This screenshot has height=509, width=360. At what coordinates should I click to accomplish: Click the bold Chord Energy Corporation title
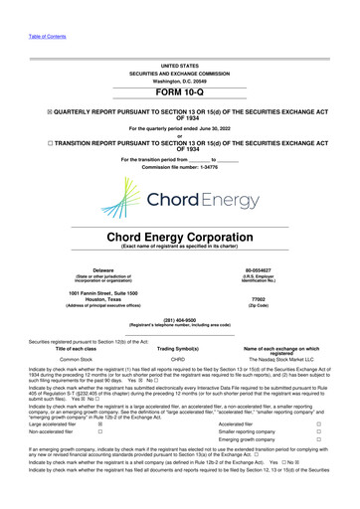(x=180, y=238)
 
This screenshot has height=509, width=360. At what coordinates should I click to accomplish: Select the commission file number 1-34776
(x=180, y=166)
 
